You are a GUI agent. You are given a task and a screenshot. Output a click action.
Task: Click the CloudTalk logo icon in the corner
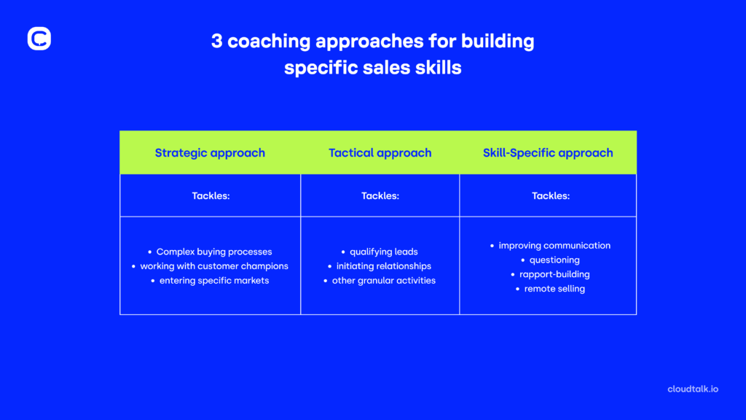point(39,39)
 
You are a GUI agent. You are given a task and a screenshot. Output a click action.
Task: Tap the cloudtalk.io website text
point(692,389)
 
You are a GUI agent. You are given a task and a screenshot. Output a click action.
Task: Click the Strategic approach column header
point(210,153)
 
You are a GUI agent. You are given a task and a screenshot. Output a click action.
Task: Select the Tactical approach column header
point(380,153)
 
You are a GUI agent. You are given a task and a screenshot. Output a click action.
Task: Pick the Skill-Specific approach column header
point(548,153)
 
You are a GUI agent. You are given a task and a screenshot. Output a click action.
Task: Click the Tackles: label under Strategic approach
point(211,195)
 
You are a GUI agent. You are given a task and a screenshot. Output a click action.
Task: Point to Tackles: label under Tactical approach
point(380,195)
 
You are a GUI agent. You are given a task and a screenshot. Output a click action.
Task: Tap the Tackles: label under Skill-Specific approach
point(551,195)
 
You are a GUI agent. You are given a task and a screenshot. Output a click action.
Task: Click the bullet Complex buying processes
point(213,252)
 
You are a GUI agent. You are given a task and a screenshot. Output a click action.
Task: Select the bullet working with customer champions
point(214,266)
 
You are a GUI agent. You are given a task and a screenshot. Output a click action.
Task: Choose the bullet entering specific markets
point(214,281)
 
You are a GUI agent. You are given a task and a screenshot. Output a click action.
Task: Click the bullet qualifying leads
point(383,252)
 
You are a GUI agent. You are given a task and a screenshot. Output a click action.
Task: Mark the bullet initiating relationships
point(383,266)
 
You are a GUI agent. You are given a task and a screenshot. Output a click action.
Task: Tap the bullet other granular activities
point(383,281)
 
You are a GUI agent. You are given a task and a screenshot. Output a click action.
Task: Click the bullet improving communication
point(554,245)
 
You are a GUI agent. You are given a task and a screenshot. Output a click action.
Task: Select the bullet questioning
point(554,260)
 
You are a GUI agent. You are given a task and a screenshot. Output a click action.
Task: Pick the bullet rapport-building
point(554,274)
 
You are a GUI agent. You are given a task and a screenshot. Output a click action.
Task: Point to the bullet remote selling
point(554,289)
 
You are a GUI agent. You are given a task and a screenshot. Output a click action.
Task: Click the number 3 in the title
point(217,42)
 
